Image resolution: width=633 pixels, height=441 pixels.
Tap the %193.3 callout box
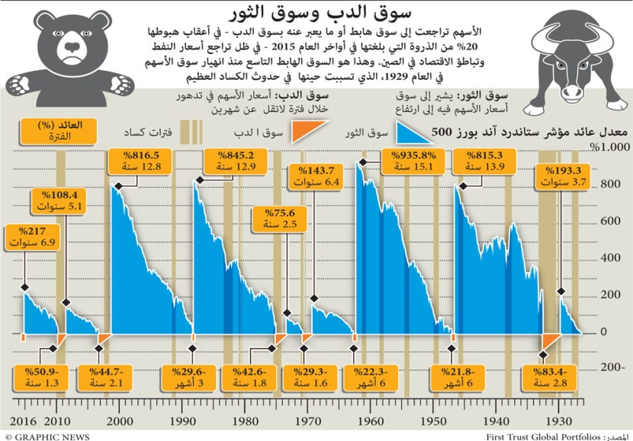coord(561,177)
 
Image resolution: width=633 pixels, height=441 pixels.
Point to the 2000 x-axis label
coord(120,421)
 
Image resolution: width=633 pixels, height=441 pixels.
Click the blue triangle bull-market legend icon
coord(411,134)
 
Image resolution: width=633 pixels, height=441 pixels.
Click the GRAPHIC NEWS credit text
coord(47,436)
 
